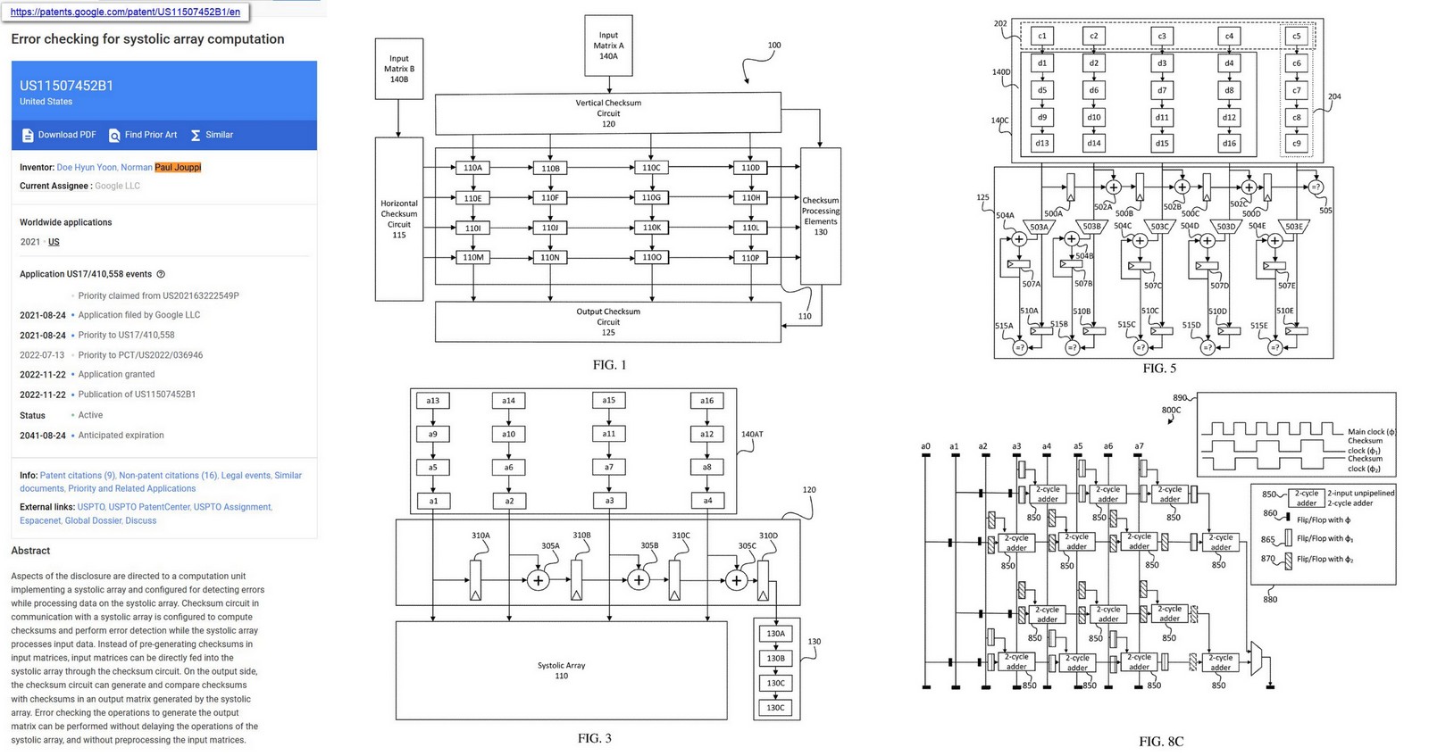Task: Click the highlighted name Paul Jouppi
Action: pos(178,167)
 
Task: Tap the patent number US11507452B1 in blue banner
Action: pos(67,86)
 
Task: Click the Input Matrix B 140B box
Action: pos(398,69)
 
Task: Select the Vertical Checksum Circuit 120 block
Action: pos(607,113)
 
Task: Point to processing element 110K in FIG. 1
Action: pos(651,228)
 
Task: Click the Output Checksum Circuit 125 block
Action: pos(607,321)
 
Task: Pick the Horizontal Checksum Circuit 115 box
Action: pos(398,219)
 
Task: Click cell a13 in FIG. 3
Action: pos(432,401)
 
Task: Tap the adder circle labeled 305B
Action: pos(638,580)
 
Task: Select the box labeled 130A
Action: pos(775,634)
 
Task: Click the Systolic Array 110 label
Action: pos(561,670)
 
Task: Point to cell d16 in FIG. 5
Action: pos(1229,143)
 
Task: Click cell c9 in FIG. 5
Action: pos(1296,143)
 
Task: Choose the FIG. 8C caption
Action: pos(1160,742)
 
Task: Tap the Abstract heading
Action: pos(30,551)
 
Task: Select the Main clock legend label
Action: pos(1371,432)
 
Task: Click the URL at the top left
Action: pos(125,12)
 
